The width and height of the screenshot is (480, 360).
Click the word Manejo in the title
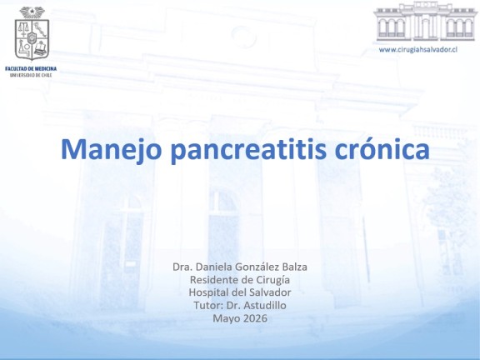pyautogui.click(x=111, y=150)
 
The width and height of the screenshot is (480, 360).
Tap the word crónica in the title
pyautogui.click(x=382, y=149)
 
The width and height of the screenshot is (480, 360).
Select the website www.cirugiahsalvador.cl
pyautogui.click(x=417, y=50)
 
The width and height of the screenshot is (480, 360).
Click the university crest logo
pyautogui.click(x=32, y=33)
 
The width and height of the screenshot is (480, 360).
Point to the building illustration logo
pyautogui.click(x=425, y=22)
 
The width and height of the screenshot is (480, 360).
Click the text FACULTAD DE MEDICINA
pyautogui.click(x=31, y=69)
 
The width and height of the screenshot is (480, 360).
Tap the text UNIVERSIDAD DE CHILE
pyautogui.click(x=31, y=75)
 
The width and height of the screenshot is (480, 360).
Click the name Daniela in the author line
pyautogui.click(x=213, y=267)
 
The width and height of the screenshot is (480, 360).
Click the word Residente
pyautogui.click(x=210, y=280)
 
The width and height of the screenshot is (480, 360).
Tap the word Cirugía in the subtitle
pyautogui.click(x=271, y=280)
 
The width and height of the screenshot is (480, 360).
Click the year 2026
pyautogui.click(x=255, y=318)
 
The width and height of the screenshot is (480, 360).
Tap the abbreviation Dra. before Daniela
pyautogui.click(x=182, y=267)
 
